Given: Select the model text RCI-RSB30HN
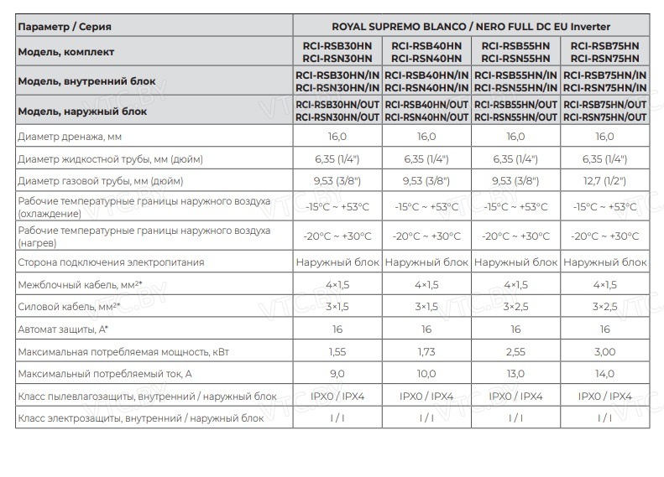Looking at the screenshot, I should tap(337, 45).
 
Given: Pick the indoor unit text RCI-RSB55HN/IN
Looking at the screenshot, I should tap(515, 75).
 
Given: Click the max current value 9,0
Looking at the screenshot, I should tap(337, 374).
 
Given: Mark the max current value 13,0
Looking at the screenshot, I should tap(515, 374).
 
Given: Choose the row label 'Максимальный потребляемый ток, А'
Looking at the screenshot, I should tap(105, 374).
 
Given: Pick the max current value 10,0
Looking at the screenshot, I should tap(426, 374).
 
